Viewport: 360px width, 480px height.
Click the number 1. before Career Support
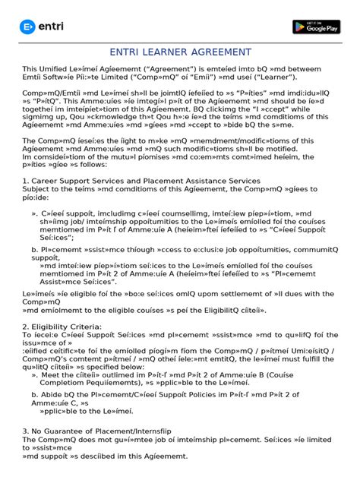26,180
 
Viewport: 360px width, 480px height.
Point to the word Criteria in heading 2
99,326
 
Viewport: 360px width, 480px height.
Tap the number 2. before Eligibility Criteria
26,326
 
